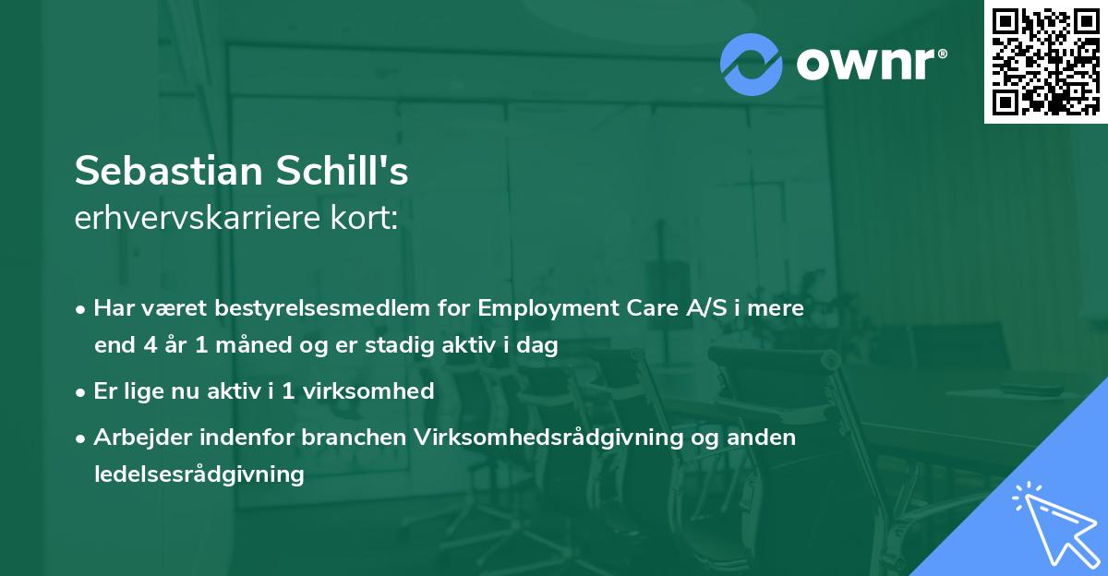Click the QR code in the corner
[x=1046, y=62]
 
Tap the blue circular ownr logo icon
[x=752, y=64]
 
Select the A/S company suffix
[x=705, y=308]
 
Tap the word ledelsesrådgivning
[x=199, y=474]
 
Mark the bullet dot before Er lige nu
[x=82, y=391]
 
